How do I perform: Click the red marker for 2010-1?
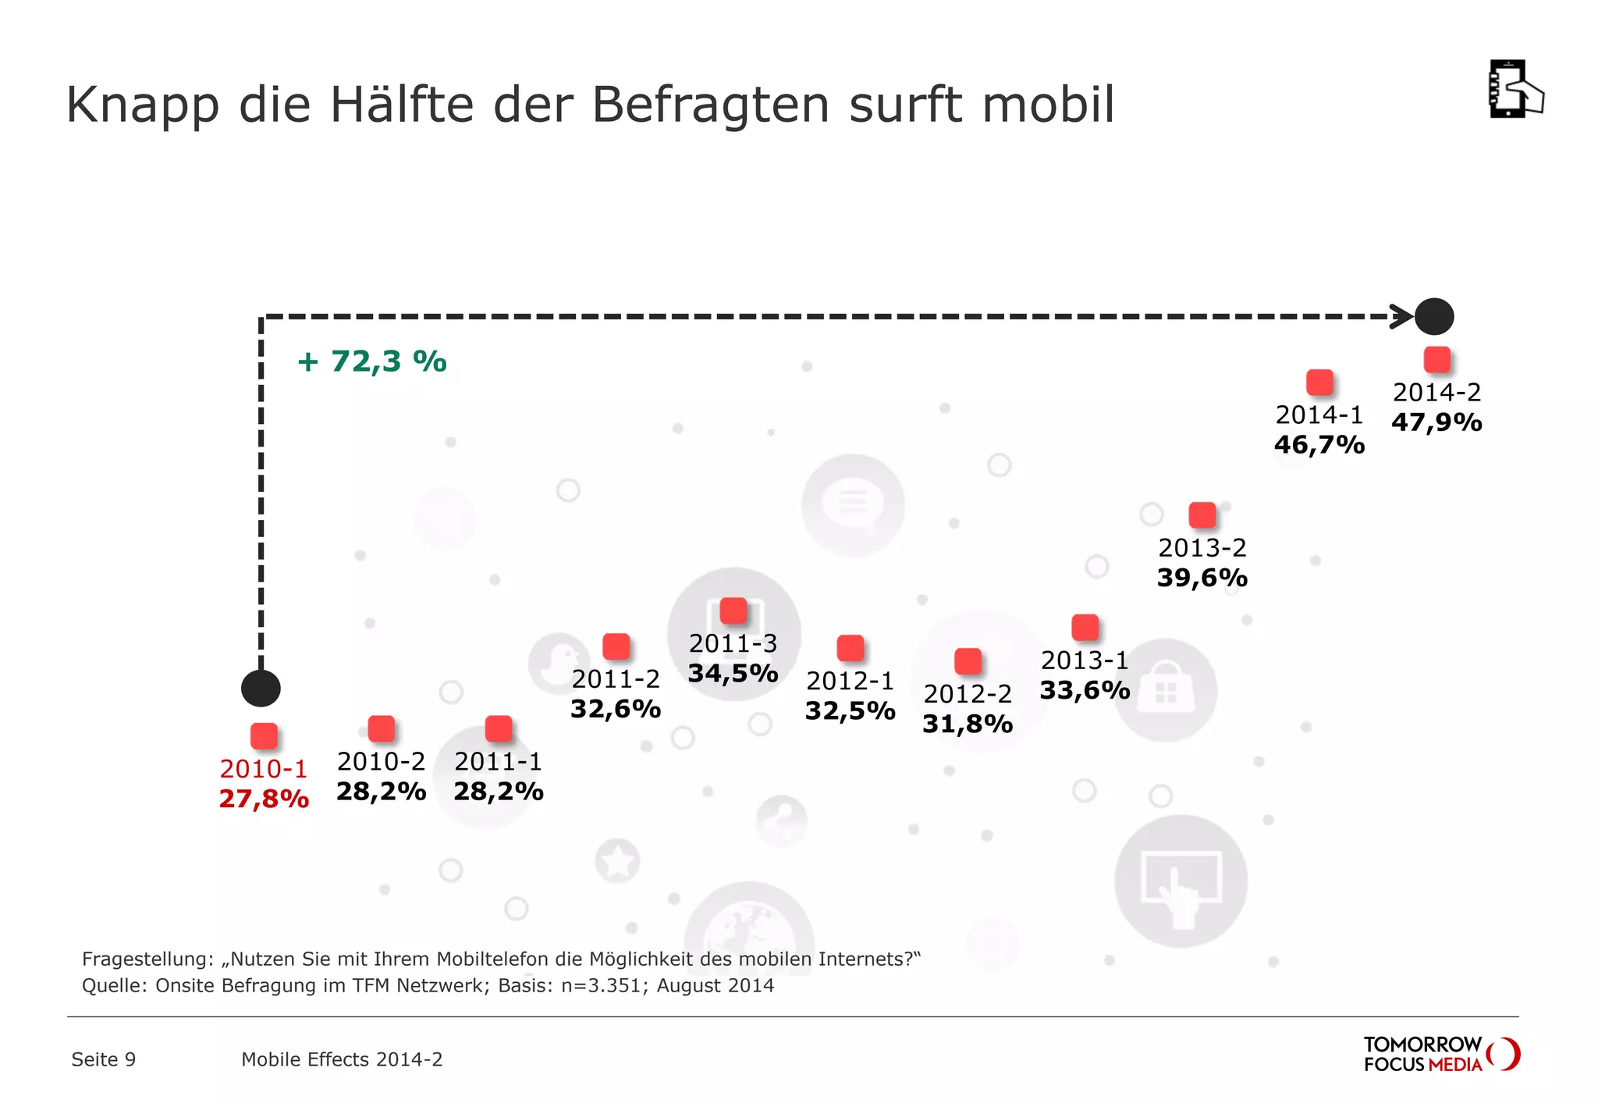(x=264, y=736)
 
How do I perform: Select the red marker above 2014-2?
(x=1436, y=360)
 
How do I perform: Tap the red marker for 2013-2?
(x=1202, y=515)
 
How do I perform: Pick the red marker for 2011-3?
(x=733, y=610)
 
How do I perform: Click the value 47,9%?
(x=1436, y=422)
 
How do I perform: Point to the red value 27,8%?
(x=264, y=799)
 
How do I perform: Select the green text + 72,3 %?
(x=372, y=361)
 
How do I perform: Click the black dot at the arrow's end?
(x=1434, y=317)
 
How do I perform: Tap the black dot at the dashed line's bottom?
(x=261, y=689)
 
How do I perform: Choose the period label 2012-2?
(x=968, y=693)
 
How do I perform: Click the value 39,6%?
(x=1202, y=578)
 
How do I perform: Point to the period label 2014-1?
(x=1319, y=415)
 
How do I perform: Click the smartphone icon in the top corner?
(x=1515, y=90)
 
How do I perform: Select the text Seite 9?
(x=103, y=1059)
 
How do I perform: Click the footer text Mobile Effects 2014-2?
(x=342, y=1059)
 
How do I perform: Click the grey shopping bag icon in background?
(x=1166, y=690)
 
